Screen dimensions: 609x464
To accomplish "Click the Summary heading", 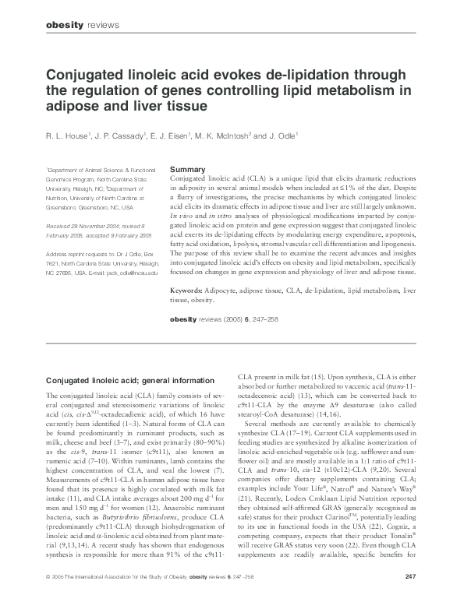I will [187, 169].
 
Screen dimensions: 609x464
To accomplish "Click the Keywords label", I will [189, 290].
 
